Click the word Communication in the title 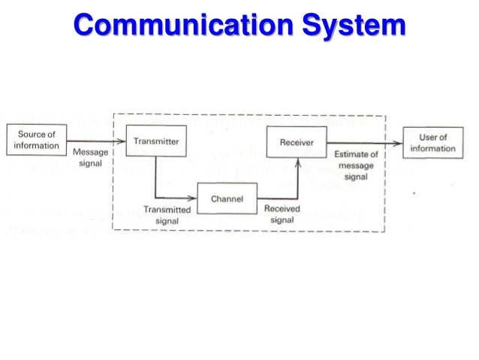pyautogui.click(x=176, y=26)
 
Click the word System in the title pyautogui.click(x=344, y=26)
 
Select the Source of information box pyautogui.click(x=37, y=141)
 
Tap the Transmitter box pyautogui.click(x=155, y=141)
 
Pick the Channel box pyautogui.click(x=226, y=201)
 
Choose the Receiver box pyautogui.click(x=297, y=141)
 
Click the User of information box pyautogui.click(x=432, y=143)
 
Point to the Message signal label pyautogui.click(x=91, y=158)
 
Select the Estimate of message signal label pyautogui.click(x=356, y=166)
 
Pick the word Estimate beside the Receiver pyautogui.click(x=351, y=155)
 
